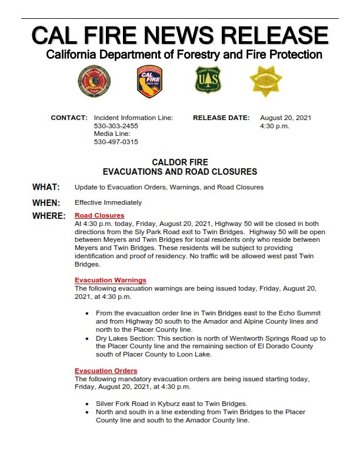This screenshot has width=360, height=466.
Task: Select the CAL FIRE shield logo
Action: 149,81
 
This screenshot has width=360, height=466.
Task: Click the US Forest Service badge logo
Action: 208,80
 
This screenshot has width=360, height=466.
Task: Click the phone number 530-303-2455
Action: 116,126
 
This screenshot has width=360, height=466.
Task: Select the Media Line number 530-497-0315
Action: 116,142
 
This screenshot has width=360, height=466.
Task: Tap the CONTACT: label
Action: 69,118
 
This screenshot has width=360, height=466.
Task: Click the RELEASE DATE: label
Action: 221,118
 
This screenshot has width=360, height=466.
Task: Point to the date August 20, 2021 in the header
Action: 285,118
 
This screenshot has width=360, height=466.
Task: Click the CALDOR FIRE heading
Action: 180,162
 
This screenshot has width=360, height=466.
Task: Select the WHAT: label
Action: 46,187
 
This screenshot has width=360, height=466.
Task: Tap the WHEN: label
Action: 46,202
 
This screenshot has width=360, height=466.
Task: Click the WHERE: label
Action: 48,216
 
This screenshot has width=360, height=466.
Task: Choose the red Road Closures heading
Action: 99,216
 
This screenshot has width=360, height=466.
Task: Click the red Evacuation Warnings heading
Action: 111,280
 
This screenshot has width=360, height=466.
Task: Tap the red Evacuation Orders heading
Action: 106,371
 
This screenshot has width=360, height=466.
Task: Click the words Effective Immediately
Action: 108,202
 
